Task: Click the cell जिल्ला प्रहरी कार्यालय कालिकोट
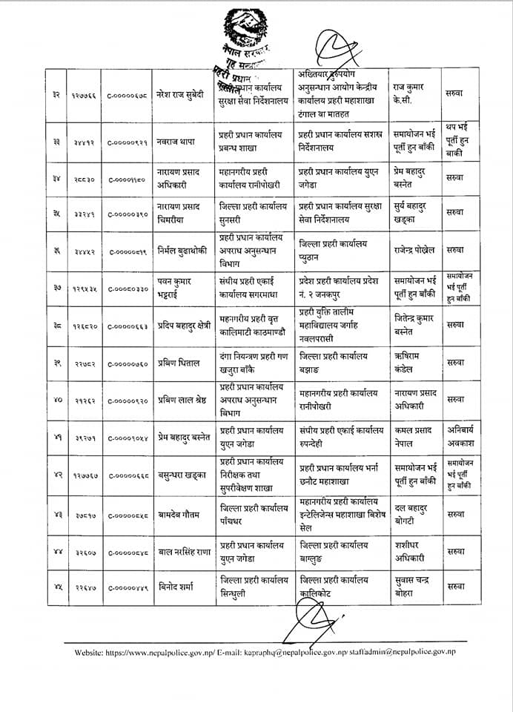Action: pyautogui.click(x=334, y=586)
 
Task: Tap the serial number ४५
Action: pyautogui.click(x=56, y=586)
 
